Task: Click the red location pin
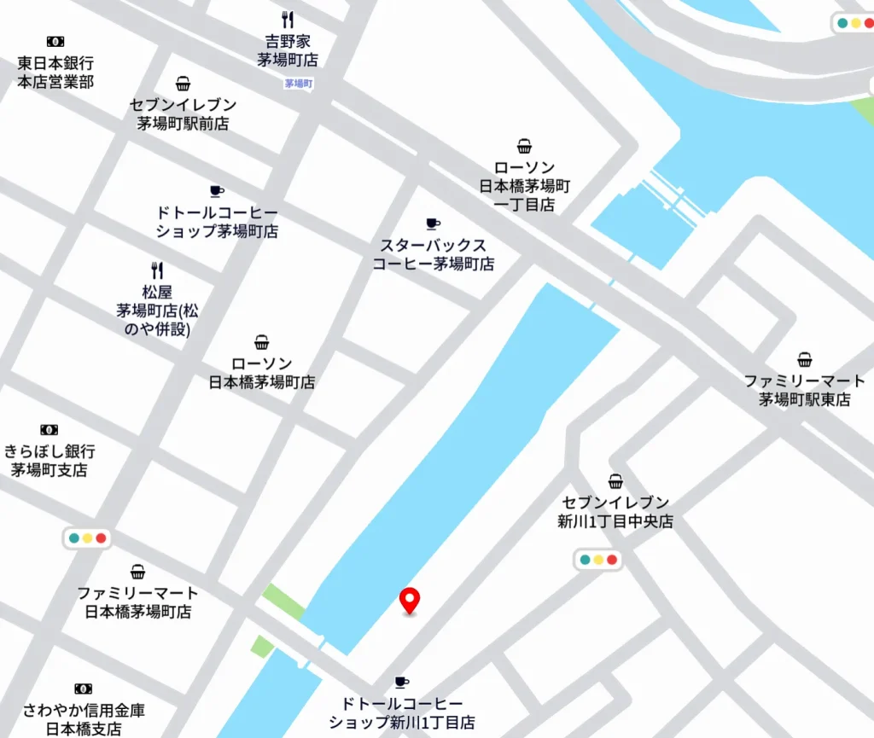click(x=410, y=601)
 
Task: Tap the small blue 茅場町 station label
click(x=299, y=84)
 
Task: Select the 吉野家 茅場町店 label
click(x=288, y=50)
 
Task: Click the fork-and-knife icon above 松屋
click(x=157, y=270)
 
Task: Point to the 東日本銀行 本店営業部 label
click(x=55, y=73)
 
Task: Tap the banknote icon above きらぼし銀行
click(x=49, y=430)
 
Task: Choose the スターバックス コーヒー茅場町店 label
click(x=433, y=255)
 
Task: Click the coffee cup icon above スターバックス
click(x=433, y=224)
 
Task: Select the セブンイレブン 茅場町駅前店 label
click(x=183, y=113)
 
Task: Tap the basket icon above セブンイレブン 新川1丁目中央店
click(x=615, y=482)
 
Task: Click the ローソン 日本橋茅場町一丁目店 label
click(x=524, y=186)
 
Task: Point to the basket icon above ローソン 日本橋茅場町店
click(x=262, y=343)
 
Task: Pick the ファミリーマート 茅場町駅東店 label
click(x=804, y=390)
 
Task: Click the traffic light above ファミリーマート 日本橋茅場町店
click(x=87, y=538)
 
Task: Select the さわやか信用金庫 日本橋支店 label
click(x=83, y=719)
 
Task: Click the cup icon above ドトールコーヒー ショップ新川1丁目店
click(x=401, y=682)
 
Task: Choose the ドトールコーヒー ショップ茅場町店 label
click(x=217, y=222)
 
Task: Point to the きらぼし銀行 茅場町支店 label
click(x=49, y=461)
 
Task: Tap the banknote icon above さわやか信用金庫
click(x=83, y=689)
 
